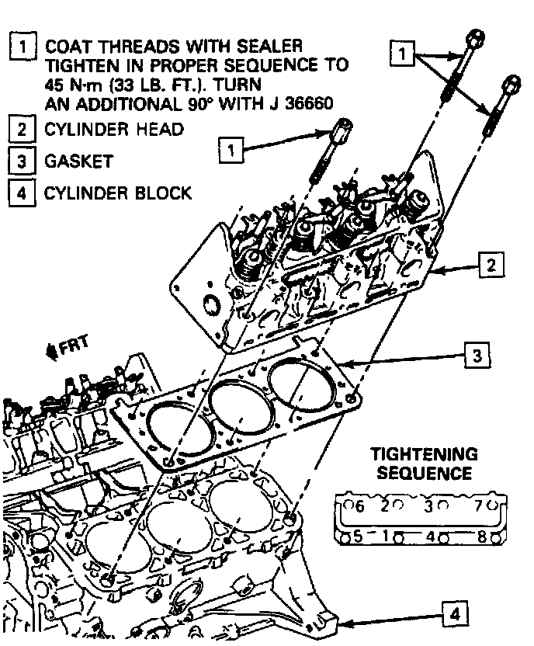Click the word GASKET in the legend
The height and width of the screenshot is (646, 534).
coord(79,161)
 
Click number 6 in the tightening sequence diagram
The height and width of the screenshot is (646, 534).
coord(358,507)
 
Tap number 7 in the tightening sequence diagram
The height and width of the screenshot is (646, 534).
coord(481,507)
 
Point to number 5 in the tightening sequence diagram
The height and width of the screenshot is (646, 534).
coord(357,535)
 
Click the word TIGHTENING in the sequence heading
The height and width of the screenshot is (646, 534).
coord(423,454)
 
